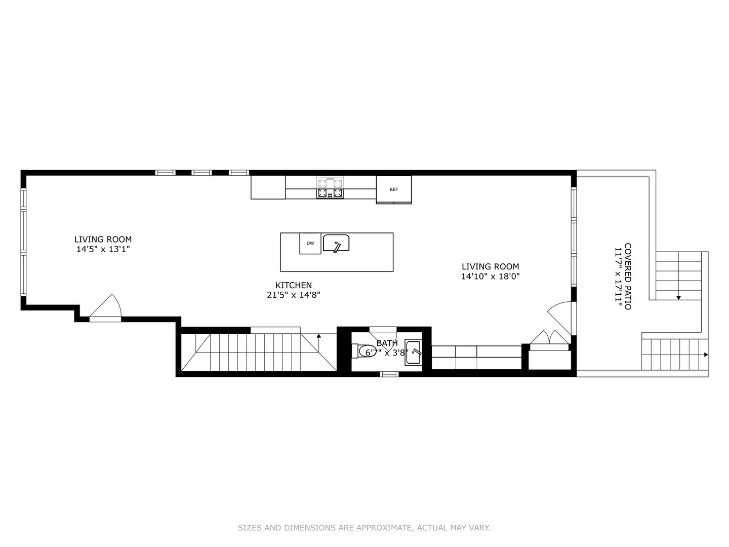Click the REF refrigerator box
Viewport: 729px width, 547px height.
coord(394,189)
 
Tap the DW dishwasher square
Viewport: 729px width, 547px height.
coord(310,243)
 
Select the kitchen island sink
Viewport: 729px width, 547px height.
coord(336,243)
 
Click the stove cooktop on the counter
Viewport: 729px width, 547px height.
coord(330,187)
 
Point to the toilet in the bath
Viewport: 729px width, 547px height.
coord(366,351)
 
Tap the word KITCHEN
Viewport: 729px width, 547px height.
coord(294,285)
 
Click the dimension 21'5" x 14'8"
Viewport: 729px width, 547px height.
coord(294,295)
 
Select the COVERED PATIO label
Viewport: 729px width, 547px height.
coord(628,277)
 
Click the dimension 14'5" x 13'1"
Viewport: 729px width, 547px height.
coord(103,249)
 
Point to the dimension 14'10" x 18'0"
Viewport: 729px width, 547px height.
coord(490,277)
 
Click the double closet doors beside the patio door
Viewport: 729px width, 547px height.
coord(549,338)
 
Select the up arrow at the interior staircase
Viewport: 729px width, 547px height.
coord(318,336)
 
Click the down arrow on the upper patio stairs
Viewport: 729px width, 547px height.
coord(678,297)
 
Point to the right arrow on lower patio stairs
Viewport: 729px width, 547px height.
coord(706,355)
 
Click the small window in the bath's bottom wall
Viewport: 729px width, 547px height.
coord(389,374)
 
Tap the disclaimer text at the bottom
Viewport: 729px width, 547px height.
coord(364,528)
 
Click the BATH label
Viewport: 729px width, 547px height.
coord(387,343)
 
